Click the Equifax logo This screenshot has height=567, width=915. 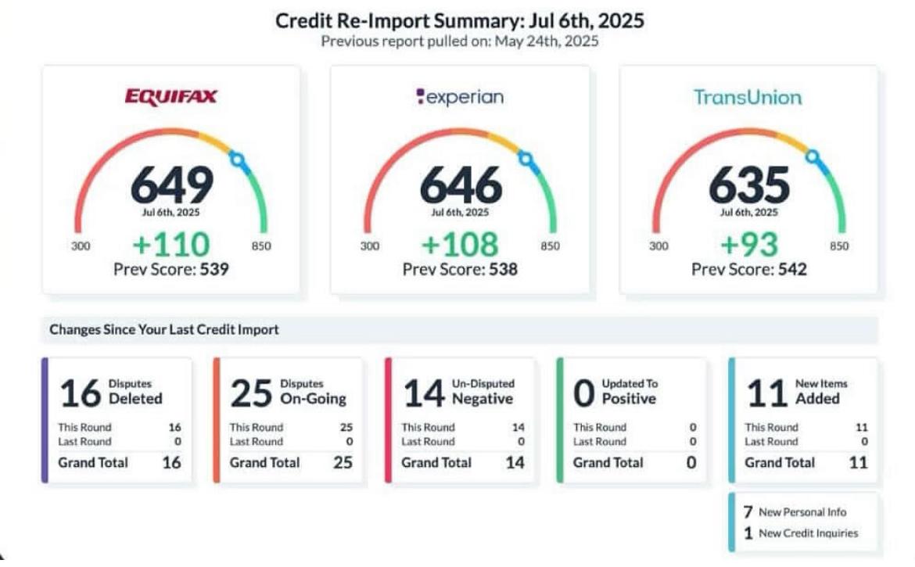pyautogui.click(x=170, y=97)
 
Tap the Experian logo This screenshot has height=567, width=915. pyautogui.click(x=460, y=97)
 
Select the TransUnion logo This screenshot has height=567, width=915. pyautogui.click(x=748, y=98)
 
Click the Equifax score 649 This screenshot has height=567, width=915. pyautogui.click(x=171, y=186)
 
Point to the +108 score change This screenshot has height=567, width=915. pyautogui.click(x=460, y=245)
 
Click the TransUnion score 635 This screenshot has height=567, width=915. pyautogui.click(x=749, y=186)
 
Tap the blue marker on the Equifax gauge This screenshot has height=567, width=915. pyautogui.click(x=239, y=162)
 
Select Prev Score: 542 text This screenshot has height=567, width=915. pyautogui.click(x=749, y=270)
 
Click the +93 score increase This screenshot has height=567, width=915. pyautogui.click(x=749, y=245)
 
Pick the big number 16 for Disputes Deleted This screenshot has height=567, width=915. pyautogui.click(x=80, y=393)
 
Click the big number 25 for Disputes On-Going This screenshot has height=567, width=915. pyautogui.click(x=251, y=393)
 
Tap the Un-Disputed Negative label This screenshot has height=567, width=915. pyautogui.click(x=483, y=392)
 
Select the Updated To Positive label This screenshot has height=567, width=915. pyautogui.click(x=630, y=392)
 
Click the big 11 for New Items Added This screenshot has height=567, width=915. pyautogui.click(x=766, y=393)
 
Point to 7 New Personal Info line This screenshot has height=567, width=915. pyautogui.click(x=795, y=512)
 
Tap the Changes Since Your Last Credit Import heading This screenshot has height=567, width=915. pyautogui.click(x=164, y=330)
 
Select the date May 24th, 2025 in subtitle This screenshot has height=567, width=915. pyautogui.click(x=546, y=41)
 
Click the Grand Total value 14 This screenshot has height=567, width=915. pyautogui.click(x=514, y=462)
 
